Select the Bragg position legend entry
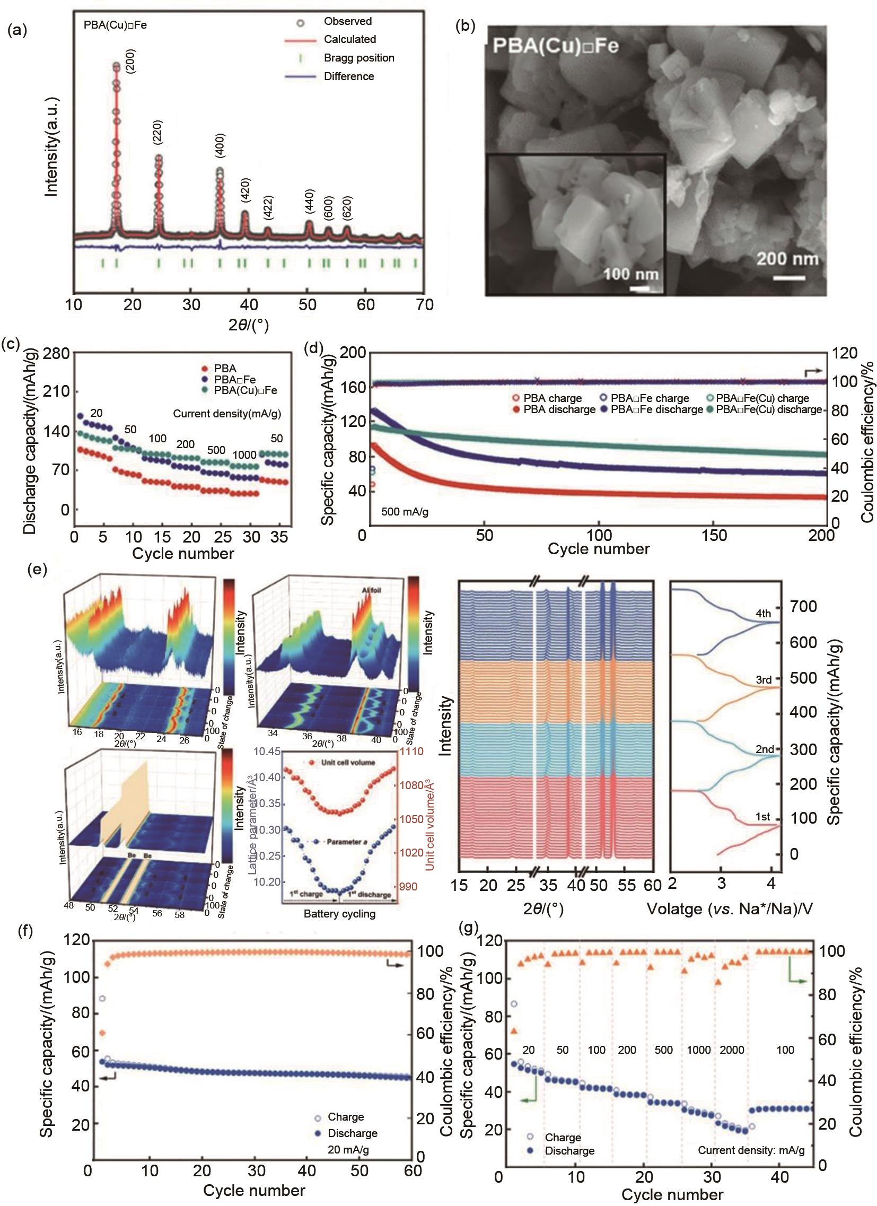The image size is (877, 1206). tap(359, 58)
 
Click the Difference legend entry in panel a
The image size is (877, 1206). tap(349, 76)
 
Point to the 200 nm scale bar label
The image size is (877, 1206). tap(787, 259)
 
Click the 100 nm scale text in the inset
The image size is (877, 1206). tap(631, 274)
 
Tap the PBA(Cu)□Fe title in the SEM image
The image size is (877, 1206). tap(556, 46)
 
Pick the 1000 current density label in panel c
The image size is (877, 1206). tap(244, 455)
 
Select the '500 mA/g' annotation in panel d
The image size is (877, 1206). tap(405, 512)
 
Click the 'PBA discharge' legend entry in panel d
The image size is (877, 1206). tap(559, 409)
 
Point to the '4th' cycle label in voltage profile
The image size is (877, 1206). tap(763, 613)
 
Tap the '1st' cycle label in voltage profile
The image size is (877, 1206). tap(762, 817)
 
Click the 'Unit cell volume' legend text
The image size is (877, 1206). tap(348, 763)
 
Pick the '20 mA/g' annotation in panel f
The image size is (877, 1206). tap(348, 1150)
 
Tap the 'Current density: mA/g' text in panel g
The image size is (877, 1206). tap(750, 1150)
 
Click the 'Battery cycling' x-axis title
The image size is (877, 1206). tap(339, 914)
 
